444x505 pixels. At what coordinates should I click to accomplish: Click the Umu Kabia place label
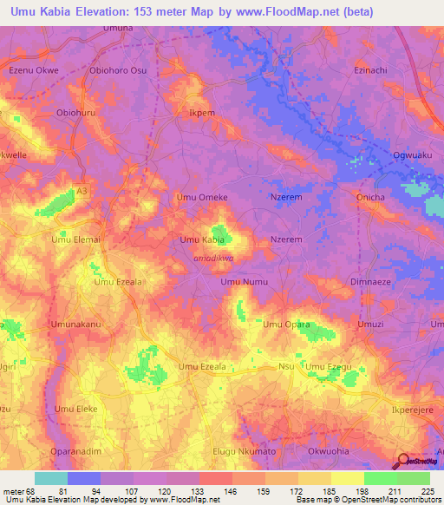point(202,239)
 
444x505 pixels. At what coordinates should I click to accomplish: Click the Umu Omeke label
point(202,197)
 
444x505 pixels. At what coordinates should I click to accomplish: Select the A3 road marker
point(82,190)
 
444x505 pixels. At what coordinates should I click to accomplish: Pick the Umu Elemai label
point(76,239)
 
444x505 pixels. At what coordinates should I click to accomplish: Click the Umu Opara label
point(286,325)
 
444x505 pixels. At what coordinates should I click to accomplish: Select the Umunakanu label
point(76,325)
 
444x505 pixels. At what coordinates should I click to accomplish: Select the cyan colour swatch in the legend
point(51,478)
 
